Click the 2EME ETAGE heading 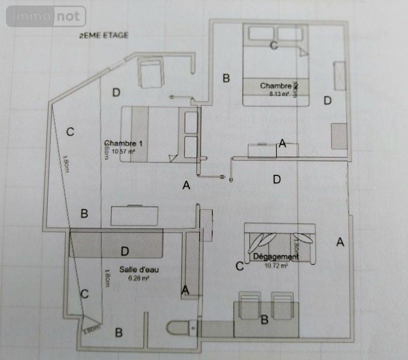pos(103,35)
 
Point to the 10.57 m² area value pos(123,152)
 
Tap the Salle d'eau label pos(139,270)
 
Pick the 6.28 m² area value pos(139,278)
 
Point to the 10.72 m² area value pos(276,266)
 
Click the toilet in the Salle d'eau pos(179,328)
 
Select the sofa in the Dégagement pos(279,241)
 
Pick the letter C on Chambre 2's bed pos(274,45)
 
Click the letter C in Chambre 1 pos(70,131)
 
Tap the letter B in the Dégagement pos(264,320)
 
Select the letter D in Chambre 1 pos(116,93)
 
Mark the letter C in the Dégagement pos(239,266)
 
